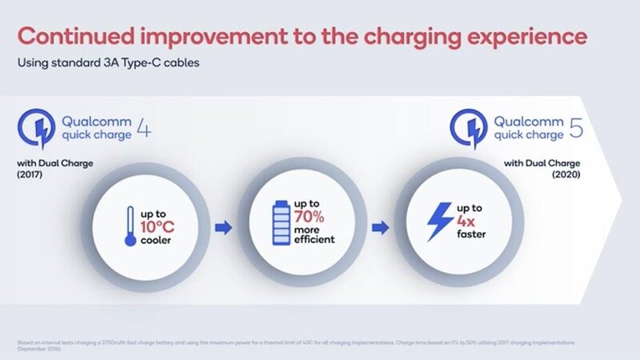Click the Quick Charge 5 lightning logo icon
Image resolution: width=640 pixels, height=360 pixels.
(x=469, y=129)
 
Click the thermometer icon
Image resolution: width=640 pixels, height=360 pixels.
(x=130, y=227)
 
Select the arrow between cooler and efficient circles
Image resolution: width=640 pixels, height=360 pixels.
(x=225, y=228)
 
